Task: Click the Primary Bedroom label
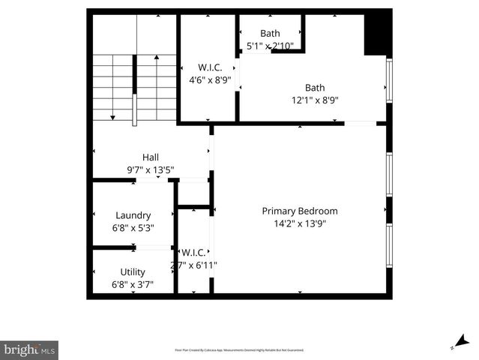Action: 299,211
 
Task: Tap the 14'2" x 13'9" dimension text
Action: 299,223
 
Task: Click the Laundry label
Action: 133,215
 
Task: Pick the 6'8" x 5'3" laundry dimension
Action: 133,227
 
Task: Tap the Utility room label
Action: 133,272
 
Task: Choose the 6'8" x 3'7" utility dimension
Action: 133,284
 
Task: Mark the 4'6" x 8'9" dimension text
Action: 210,77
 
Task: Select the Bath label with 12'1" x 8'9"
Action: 315,87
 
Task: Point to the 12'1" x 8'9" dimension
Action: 315,100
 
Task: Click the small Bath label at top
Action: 270,33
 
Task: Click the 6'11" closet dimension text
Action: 194,265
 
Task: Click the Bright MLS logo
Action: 29,349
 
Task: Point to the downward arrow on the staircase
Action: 112,116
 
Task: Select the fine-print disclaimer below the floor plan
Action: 239,349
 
